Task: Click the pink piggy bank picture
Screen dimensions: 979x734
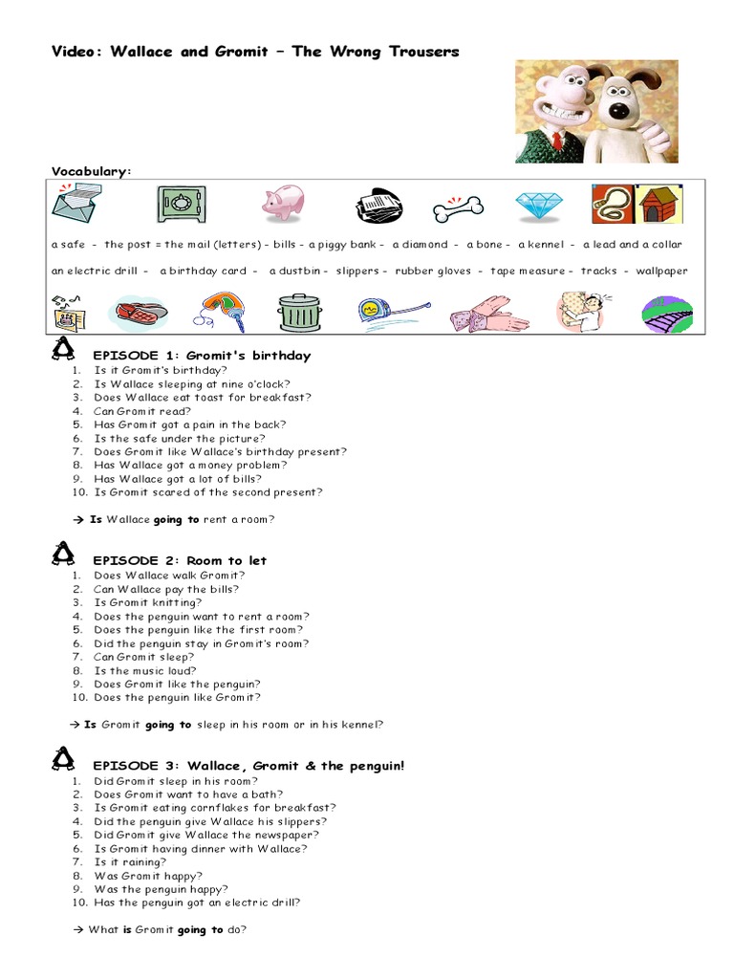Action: tap(283, 203)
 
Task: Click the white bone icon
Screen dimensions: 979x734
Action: tap(458, 207)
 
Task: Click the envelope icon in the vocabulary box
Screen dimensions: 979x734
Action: tap(76, 204)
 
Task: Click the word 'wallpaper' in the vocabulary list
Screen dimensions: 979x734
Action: tap(661, 271)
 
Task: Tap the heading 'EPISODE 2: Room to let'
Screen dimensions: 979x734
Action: tap(180, 560)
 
